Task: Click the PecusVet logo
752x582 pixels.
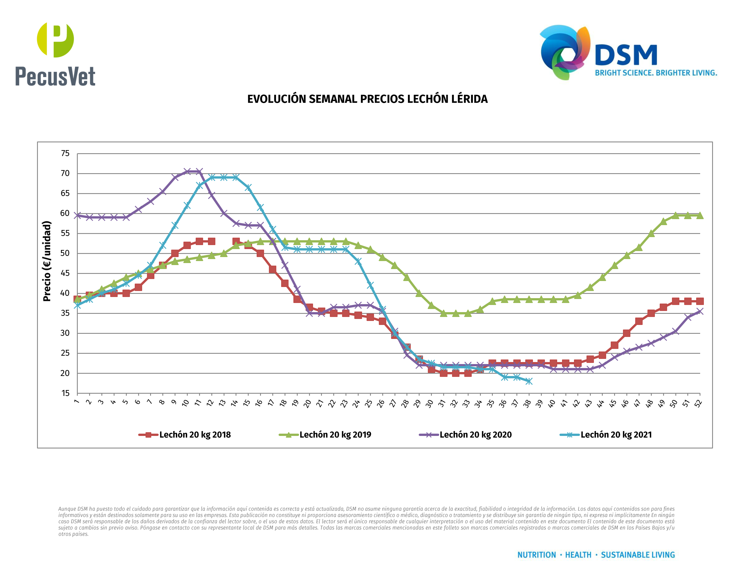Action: click(55, 54)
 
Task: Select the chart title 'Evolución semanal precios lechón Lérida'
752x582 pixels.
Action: click(367, 99)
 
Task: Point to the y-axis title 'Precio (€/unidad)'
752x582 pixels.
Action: click(47, 261)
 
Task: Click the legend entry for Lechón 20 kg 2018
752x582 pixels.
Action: click(185, 435)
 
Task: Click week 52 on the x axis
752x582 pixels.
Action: click(698, 403)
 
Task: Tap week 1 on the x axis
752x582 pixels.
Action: click(76, 401)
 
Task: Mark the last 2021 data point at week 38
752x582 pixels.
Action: click(529, 381)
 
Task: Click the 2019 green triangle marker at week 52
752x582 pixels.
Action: click(700, 215)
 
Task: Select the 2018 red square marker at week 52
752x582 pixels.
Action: click(700, 301)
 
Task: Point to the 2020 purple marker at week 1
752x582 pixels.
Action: click(77, 215)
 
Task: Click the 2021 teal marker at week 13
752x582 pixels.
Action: click(224, 177)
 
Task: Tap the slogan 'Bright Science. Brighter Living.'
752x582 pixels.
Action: click(656, 73)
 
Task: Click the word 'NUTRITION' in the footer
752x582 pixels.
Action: click(536, 555)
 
